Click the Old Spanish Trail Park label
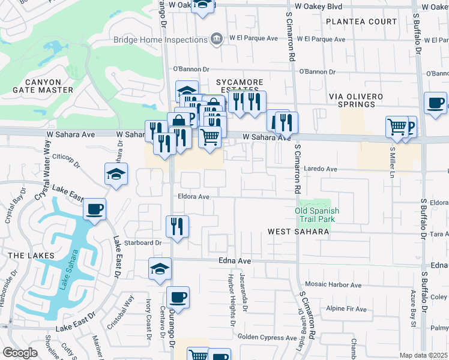tap(318, 215)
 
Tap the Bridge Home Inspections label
tap(160, 40)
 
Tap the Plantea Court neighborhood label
tap(361, 22)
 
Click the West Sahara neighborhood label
tap(298, 232)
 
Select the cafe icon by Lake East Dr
tap(95, 210)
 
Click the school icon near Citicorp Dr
tap(116, 175)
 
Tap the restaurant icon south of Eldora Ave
tap(177, 227)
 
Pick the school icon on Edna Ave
tap(160, 269)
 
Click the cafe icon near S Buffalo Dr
tap(435, 103)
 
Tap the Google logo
tap(20, 353)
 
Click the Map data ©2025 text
tap(423, 355)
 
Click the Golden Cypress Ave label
tap(267, 338)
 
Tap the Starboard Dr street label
tap(142, 243)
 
